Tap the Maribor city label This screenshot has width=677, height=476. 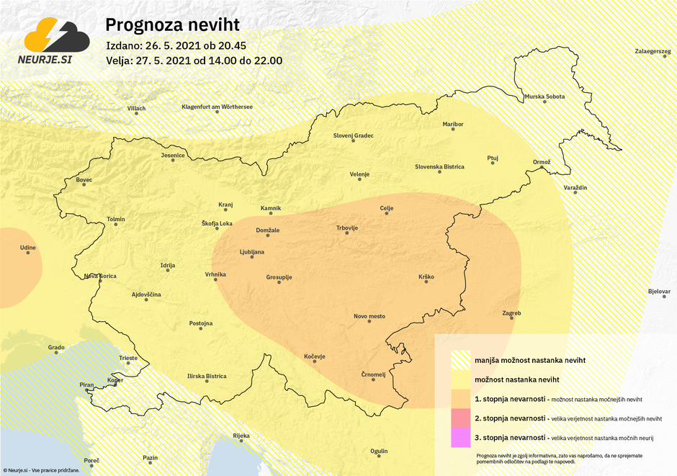click(453, 125)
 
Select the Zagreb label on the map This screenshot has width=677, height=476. click(511, 313)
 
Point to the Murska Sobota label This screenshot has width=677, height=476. click(544, 96)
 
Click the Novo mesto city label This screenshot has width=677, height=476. click(369, 316)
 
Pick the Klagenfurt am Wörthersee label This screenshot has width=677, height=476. click(217, 107)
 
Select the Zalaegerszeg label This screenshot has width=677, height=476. click(653, 51)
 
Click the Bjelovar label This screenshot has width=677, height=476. click(659, 292)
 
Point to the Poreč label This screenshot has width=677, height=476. click(91, 460)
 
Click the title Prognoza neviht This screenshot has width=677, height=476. click(163, 25)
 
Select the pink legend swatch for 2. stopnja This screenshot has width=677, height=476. click(460, 418)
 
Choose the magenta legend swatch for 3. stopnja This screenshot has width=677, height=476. click(460, 437)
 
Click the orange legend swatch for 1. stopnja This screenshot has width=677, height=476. click(460, 399)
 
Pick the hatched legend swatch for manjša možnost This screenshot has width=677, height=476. click(460, 360)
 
